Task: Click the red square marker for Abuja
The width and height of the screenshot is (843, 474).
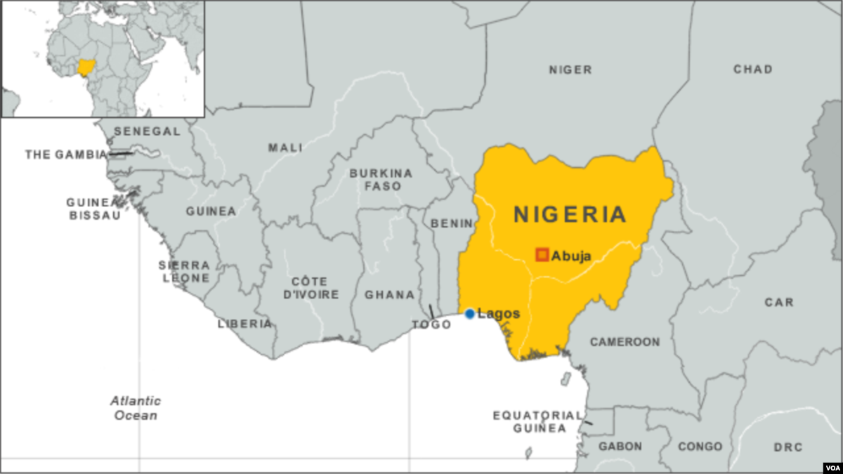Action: [x=542, y=255]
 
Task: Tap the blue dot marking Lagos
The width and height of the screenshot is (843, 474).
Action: [x=469, y=314]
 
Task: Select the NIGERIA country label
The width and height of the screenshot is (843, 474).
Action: [x=570, y=214]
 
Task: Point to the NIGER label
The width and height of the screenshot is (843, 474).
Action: [x=570, y=70]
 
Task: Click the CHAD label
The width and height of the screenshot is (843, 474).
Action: [x=752, y=69]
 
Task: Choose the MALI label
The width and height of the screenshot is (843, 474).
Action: [x=285, y=147]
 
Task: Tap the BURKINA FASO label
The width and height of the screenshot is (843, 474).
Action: [x=381, y=180]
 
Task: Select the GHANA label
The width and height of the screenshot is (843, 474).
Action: [x=389, y=295]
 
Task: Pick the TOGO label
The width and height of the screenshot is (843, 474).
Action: [x=431, y=324]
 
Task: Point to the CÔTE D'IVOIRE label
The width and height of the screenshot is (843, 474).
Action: [x=311, y=287]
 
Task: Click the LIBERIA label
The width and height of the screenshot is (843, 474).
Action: [x=244, y=324]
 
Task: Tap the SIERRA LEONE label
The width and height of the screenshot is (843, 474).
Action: [x=184, y=271]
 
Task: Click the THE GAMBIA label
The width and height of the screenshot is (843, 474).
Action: [x=66, y=154]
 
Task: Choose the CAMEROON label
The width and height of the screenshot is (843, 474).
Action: [x=625, y=342]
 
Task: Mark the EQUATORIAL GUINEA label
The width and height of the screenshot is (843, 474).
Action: [x=538, y=421]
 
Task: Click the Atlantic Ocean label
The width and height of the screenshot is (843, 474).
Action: [x=136, y=408]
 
